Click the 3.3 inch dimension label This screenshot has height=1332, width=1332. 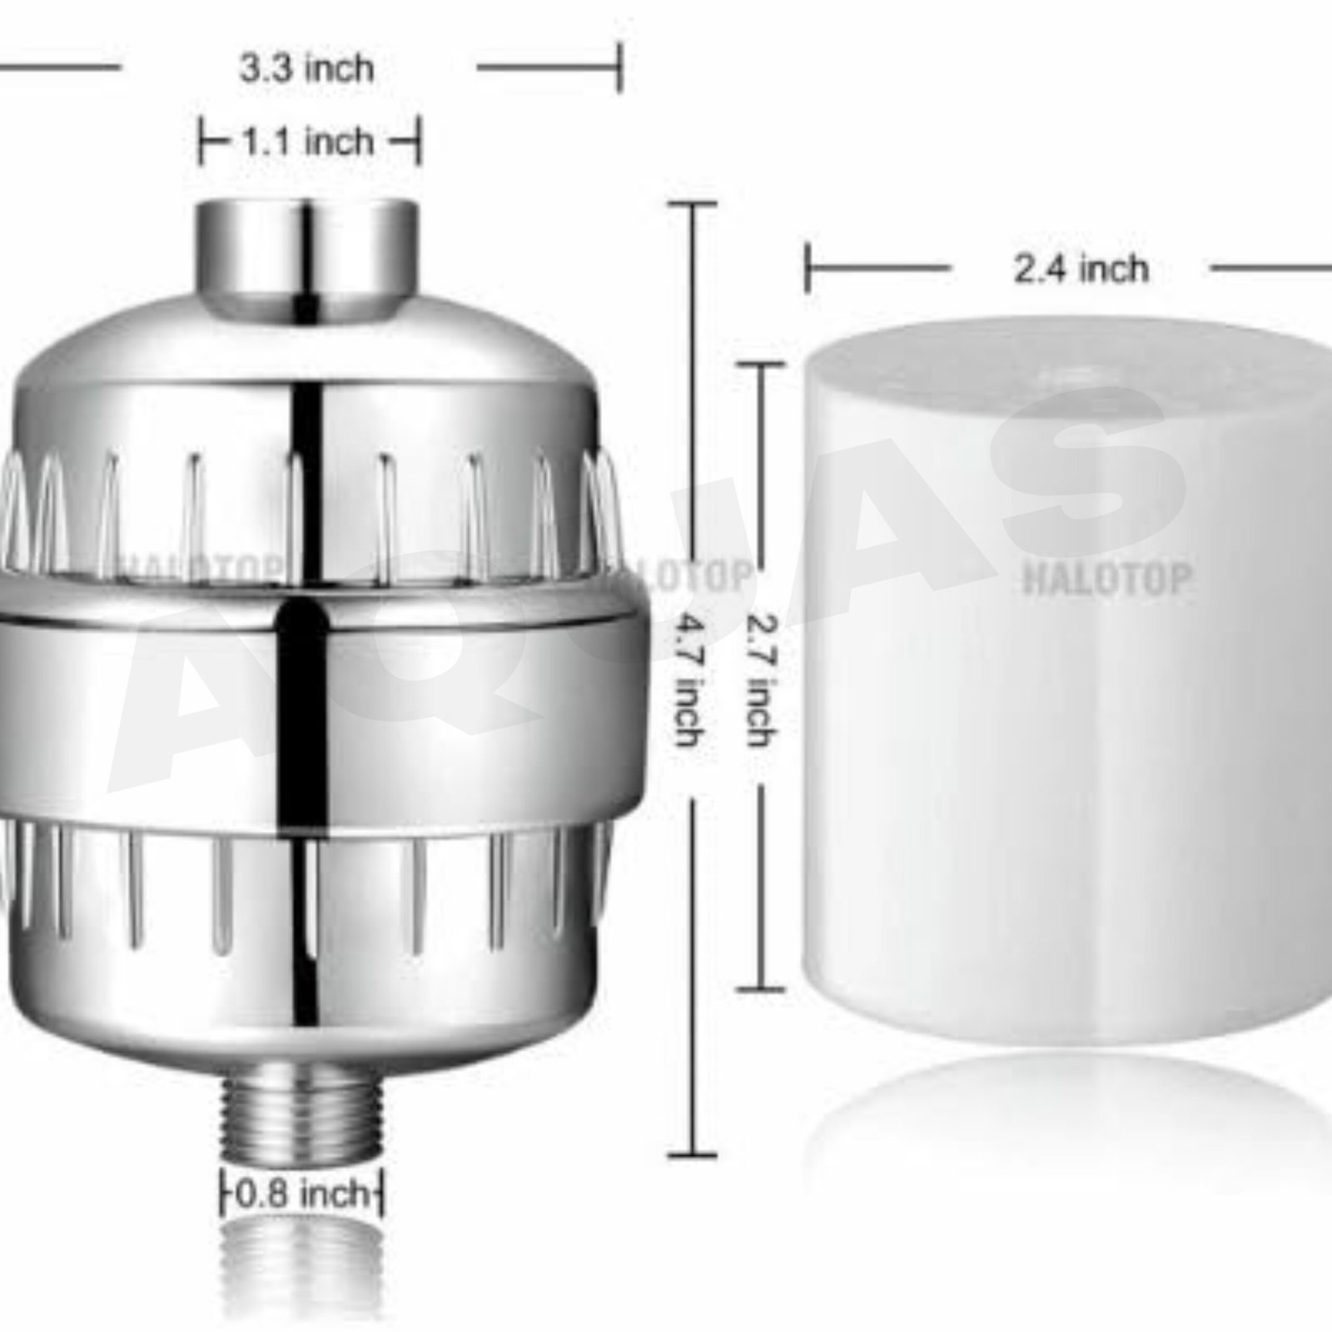pyautogui.click(x=307, y=68)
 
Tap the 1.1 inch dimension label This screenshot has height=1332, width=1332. pyautogui.click(x=308, y=142)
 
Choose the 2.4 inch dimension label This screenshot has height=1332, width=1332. pyautogui.click(x=1081, y=269)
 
